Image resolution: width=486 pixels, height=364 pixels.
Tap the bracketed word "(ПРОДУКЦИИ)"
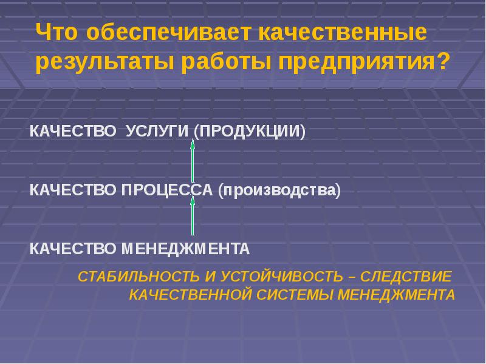click(250, 132)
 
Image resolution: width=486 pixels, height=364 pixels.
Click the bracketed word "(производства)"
click(280, 190)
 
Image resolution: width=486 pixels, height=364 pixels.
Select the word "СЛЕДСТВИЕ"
click(406, 277)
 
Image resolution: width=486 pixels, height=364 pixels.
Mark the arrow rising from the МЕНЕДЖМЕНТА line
click(193, 217)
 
